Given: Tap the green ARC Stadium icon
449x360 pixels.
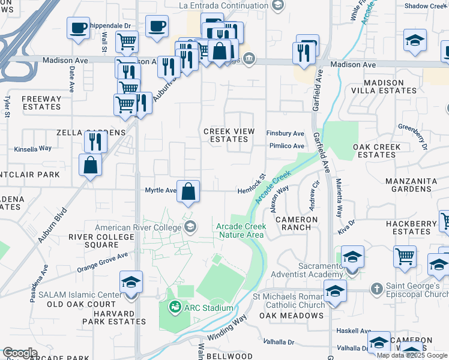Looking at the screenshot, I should tap(175, 308).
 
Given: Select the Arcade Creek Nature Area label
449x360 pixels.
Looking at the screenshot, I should tap(240, 230).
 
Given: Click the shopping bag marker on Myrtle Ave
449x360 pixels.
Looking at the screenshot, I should tap(188, 192).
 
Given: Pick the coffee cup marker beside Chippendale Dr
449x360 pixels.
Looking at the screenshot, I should tap(78, 28).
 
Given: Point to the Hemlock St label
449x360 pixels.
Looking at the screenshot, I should tap(251, 181).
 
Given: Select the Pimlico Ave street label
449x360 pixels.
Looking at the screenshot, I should tap(286, 146).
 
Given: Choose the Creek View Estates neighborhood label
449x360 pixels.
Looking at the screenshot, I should tap(229, 135).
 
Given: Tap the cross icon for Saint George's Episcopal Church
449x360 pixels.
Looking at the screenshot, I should tap(376, 289).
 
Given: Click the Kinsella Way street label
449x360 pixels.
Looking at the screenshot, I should tap(32, 148).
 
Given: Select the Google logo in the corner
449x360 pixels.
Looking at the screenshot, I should tap(20, 353).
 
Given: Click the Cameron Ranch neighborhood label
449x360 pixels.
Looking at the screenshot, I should tap(297, 224).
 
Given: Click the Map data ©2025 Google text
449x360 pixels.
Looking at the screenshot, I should tap(412, 355).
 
